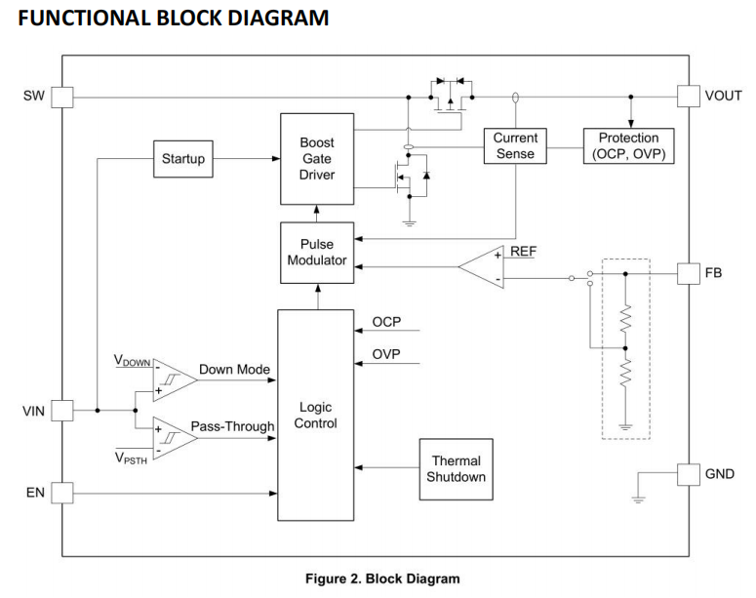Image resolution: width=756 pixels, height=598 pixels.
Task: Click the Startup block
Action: [183, 159]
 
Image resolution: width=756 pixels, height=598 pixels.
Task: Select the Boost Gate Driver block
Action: [317, 159]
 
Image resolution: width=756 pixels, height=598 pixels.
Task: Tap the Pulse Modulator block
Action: [317, 253]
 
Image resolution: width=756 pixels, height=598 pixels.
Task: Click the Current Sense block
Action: [515, 145]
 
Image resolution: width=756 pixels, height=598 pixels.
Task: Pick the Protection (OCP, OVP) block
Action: [628, 145]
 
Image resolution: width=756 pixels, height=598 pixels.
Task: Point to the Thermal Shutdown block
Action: [456, 468]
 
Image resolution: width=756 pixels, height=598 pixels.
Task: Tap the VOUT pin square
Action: [689, 97]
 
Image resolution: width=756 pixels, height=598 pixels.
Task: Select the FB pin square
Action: [689, 274]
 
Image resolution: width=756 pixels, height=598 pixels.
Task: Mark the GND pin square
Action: [689, 474]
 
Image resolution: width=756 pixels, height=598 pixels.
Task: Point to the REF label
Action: [523, 252]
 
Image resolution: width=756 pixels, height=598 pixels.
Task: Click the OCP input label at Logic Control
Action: [387, 322]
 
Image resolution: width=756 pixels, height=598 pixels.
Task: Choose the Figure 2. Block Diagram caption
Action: [382, 578]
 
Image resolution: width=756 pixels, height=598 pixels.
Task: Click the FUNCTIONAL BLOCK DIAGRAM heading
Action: [174, 18]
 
